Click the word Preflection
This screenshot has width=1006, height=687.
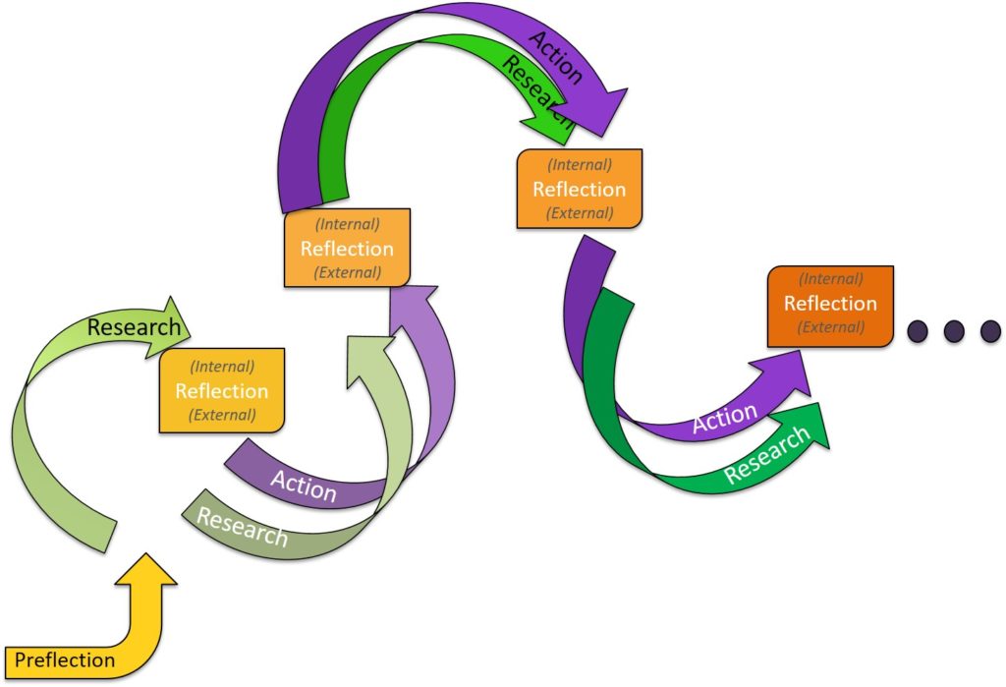point(65,659)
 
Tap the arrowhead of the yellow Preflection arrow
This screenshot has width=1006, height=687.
point(148,570)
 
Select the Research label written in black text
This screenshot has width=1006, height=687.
point(134,327)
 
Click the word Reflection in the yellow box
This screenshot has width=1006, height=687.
point(222,391)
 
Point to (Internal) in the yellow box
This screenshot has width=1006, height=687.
point(222,367)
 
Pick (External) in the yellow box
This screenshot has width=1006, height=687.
point(222,415)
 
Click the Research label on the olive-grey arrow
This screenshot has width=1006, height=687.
point(243,527)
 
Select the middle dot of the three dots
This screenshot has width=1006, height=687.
point(953,330)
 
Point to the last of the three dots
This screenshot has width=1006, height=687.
point(987,330)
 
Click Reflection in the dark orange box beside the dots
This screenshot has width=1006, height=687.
point(830,304)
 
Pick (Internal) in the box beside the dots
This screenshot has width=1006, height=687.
point(830,280)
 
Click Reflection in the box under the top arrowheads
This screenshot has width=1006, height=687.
point(580,189)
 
